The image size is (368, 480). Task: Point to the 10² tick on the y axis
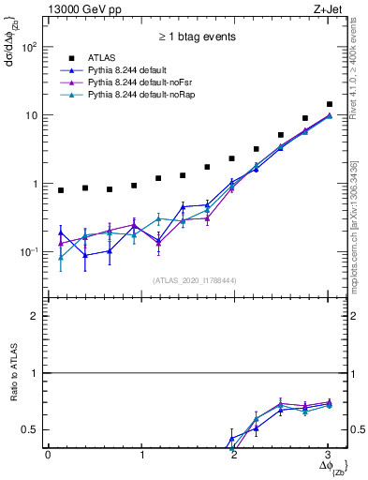(x=31, y=46)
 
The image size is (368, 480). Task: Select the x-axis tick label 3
(x=327, y=455)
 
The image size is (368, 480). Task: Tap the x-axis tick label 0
(x=48, y=455)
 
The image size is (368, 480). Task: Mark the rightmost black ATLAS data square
(x=329, y=104)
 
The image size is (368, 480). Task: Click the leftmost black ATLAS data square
(x=61, y=190)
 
